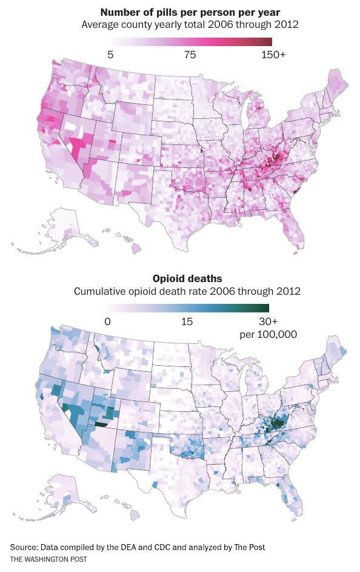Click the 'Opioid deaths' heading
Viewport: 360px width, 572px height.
pyautogui.click(x=187, y=278)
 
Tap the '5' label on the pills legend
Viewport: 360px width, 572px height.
pyautogui.click(x=110, y=55)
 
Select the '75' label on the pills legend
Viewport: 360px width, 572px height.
pyautogui.click(x=190, y=55)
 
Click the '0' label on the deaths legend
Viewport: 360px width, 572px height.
pyautogui.click(x=107, y=321)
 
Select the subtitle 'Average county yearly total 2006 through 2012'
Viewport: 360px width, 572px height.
pyautogui.click(x=190, y=25)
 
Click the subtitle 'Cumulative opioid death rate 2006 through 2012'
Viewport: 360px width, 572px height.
pyautogui.click(x=187, y=291)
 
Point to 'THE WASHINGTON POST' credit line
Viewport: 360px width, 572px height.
pyautogui.click(x=48, y=559)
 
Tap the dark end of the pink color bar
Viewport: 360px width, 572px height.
pyautogui.click(x=268, y=42)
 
